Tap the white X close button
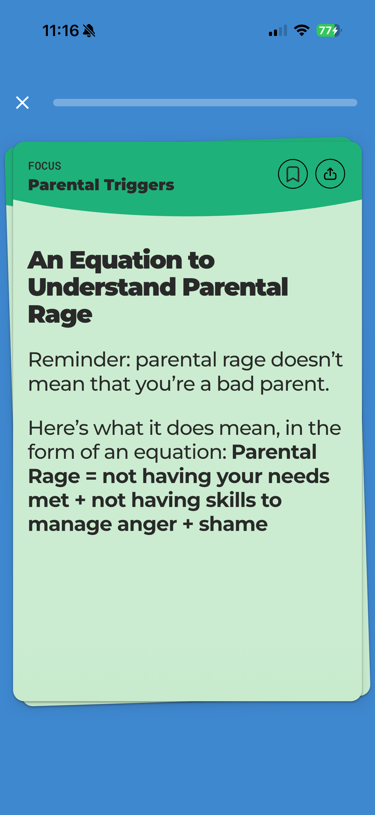pyautogui.click(x=22, y=103)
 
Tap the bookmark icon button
pyautogui.click(x=293, y=174)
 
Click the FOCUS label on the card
pyautogui.click(x=44, y=166)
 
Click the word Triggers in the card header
pyautogui.click(x=139, y=185)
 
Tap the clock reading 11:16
pyautogui.click(x=60, y=31)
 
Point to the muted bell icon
pyautogui.click(x=89, y=31)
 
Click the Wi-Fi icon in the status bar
pyautogui.click(x=302, y=30)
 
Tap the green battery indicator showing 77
pyautogui.click(x=328, y=30)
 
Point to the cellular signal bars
pyautogui.click(x=278, y=31)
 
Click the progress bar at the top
pyautogui.click(x=205, y=103)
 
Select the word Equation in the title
pyautogui.click(x=126, y=260)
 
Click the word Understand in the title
pyautogui.click(x=102, y=287)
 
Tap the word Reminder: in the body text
pyautogui.click(x=79, y=360)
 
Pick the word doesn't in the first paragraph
pyautogui.click(x=306, y=360)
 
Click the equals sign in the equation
pyautogui.click(x=91, y=477)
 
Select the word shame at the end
pyautogui.click(x=233, y=525)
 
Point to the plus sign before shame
pyautogui.click(x=188, y=525)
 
